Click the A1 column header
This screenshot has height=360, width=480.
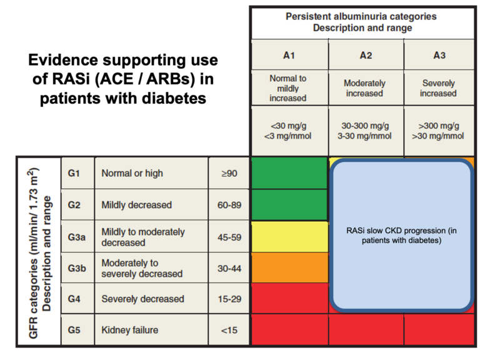288,56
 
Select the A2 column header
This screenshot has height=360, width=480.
366,56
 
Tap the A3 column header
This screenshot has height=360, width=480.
439,56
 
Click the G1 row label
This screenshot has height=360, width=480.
74,173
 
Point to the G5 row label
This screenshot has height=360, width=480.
74,329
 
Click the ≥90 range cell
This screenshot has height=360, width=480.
228,173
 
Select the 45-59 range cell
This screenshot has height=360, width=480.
228,236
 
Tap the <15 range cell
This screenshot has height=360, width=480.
228,329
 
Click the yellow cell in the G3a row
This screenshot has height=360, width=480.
289,236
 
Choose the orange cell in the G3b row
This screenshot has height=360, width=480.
289,267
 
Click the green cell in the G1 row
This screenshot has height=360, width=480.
289,173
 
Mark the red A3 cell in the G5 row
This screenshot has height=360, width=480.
439,329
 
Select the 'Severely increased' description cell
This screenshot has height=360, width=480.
439,88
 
